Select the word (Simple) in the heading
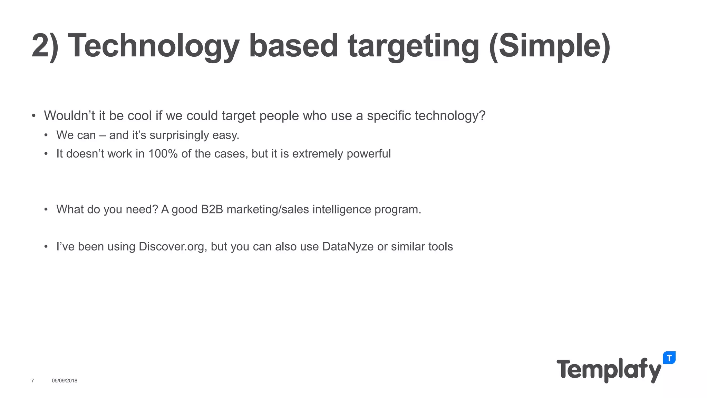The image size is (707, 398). coord(550,47)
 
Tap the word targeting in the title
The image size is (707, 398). coord(414,47)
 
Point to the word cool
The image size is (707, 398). coord(139,116)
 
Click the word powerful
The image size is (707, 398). coord(368,154)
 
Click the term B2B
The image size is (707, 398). coord(212,209)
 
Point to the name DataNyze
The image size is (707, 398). coord(348,247)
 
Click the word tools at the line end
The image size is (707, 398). coord(440,247)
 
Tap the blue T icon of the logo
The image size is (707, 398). coord(669,358)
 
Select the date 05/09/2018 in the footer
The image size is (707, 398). coord(65,381)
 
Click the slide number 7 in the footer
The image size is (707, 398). coord(32,381)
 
